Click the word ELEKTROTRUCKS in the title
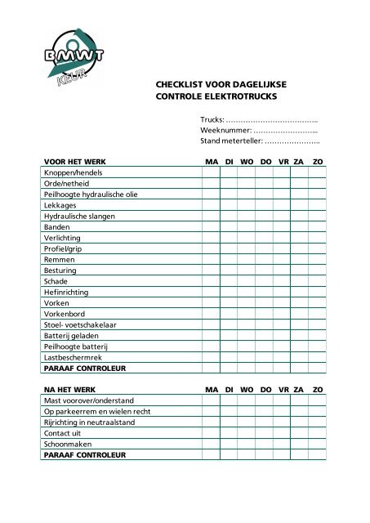(x=243, y=96)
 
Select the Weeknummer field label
(x=225, y=130)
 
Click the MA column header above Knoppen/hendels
(x=210, y=163)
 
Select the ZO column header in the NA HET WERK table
(x=318, y=390)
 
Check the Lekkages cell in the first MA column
(x=210, y=205)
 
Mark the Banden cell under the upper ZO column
(x=318, y=226)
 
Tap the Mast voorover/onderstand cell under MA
(x=210, y=400)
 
